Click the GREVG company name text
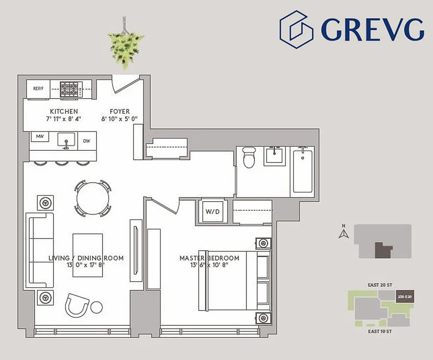372,29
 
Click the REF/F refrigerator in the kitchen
37,89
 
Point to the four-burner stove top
70,89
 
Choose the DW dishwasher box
87,140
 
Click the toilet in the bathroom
249,157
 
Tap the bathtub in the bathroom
304,171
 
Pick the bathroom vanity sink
274,156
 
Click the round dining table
93,198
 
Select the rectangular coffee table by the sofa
88,255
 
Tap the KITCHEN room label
64,111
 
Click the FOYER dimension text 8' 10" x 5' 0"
120,119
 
